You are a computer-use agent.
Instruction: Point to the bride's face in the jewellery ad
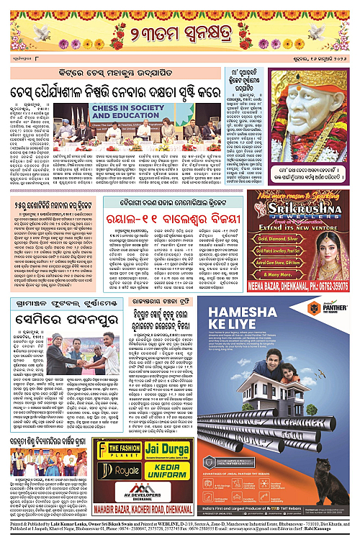[333, 238]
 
